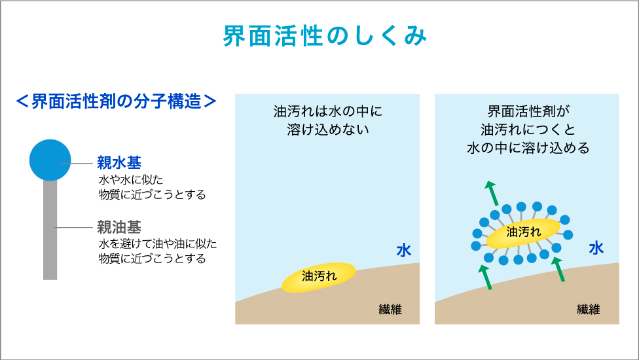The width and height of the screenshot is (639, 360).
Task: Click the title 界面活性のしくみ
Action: (325, 36)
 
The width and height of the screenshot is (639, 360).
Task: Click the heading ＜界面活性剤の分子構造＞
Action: (116, 101)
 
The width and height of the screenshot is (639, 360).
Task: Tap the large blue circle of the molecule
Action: (50, 160)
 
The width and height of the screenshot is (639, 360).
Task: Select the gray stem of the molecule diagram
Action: (50, 230)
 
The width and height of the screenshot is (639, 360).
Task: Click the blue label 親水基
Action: (119, 162)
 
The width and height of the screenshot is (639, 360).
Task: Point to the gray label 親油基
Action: (119, 227)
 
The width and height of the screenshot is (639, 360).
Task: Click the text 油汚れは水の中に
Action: (327, 111)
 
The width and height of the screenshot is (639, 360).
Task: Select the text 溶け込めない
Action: (327, 130)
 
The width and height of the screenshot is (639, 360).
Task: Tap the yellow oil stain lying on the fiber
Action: (319, 278)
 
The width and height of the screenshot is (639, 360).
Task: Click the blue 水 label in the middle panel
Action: (404, 250)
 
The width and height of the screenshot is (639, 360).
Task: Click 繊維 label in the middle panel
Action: (390, 309)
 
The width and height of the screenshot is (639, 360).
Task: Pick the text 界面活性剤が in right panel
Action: (528, 111)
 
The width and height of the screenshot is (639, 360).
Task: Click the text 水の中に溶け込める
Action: (528, 147)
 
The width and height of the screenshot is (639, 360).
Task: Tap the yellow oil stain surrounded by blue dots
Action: (523, 234)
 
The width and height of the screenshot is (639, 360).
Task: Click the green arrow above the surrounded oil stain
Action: (491, 193)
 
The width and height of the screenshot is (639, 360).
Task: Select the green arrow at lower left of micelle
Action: (484, 277)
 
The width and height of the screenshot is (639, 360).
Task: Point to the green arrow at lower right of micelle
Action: (558, 269)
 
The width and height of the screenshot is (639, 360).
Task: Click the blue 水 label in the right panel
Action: (596, 247)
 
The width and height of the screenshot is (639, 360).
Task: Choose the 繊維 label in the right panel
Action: (588, 309)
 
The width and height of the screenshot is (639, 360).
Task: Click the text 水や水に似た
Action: (130, 179)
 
